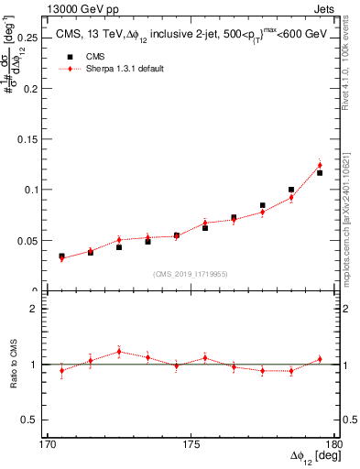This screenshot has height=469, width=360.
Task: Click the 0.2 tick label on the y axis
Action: click(x=34, y=88)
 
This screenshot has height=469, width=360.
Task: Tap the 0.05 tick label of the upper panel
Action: click(x=30, y=241)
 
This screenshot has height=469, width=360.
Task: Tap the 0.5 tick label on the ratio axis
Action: click(x=33, y=420)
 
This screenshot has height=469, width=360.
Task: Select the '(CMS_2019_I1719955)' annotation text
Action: click(x=191, y=272)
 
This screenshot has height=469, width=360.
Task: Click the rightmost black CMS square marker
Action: click(x=320, y=172)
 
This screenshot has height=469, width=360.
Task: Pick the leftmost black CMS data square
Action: click(x=61, y=256)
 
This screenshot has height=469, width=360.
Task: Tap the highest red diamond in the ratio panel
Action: click(x=119, y=352)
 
